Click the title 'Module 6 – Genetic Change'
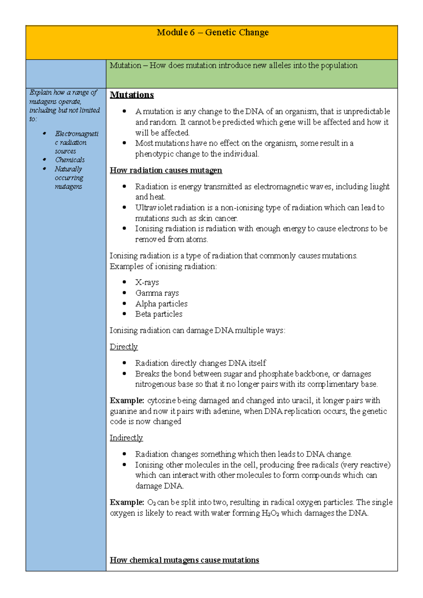[x=213, y=32]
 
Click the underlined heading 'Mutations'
[x=132, y=95]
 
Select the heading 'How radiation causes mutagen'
[x=166, y=170]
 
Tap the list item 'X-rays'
[x=147, y=282]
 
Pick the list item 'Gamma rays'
[x=157, y=293]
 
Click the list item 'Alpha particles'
[x=161, y=304]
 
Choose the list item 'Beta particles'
[x=159, y=314]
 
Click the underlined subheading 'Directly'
[x=123, y=347]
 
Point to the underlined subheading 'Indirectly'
[x=126, y=438]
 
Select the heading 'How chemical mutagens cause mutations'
[x=184, y=560]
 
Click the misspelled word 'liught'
[x=379, y=187]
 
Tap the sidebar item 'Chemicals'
[x=70, y=160]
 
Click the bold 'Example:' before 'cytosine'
[x=127, y=401]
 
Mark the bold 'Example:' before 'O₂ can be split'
[x=127, y=502]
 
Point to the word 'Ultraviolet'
[x=153, y=208]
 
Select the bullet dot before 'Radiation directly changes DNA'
[x=124, y=362]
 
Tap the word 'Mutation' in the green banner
[x=125, y=66]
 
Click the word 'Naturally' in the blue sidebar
[x=68, y=169]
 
